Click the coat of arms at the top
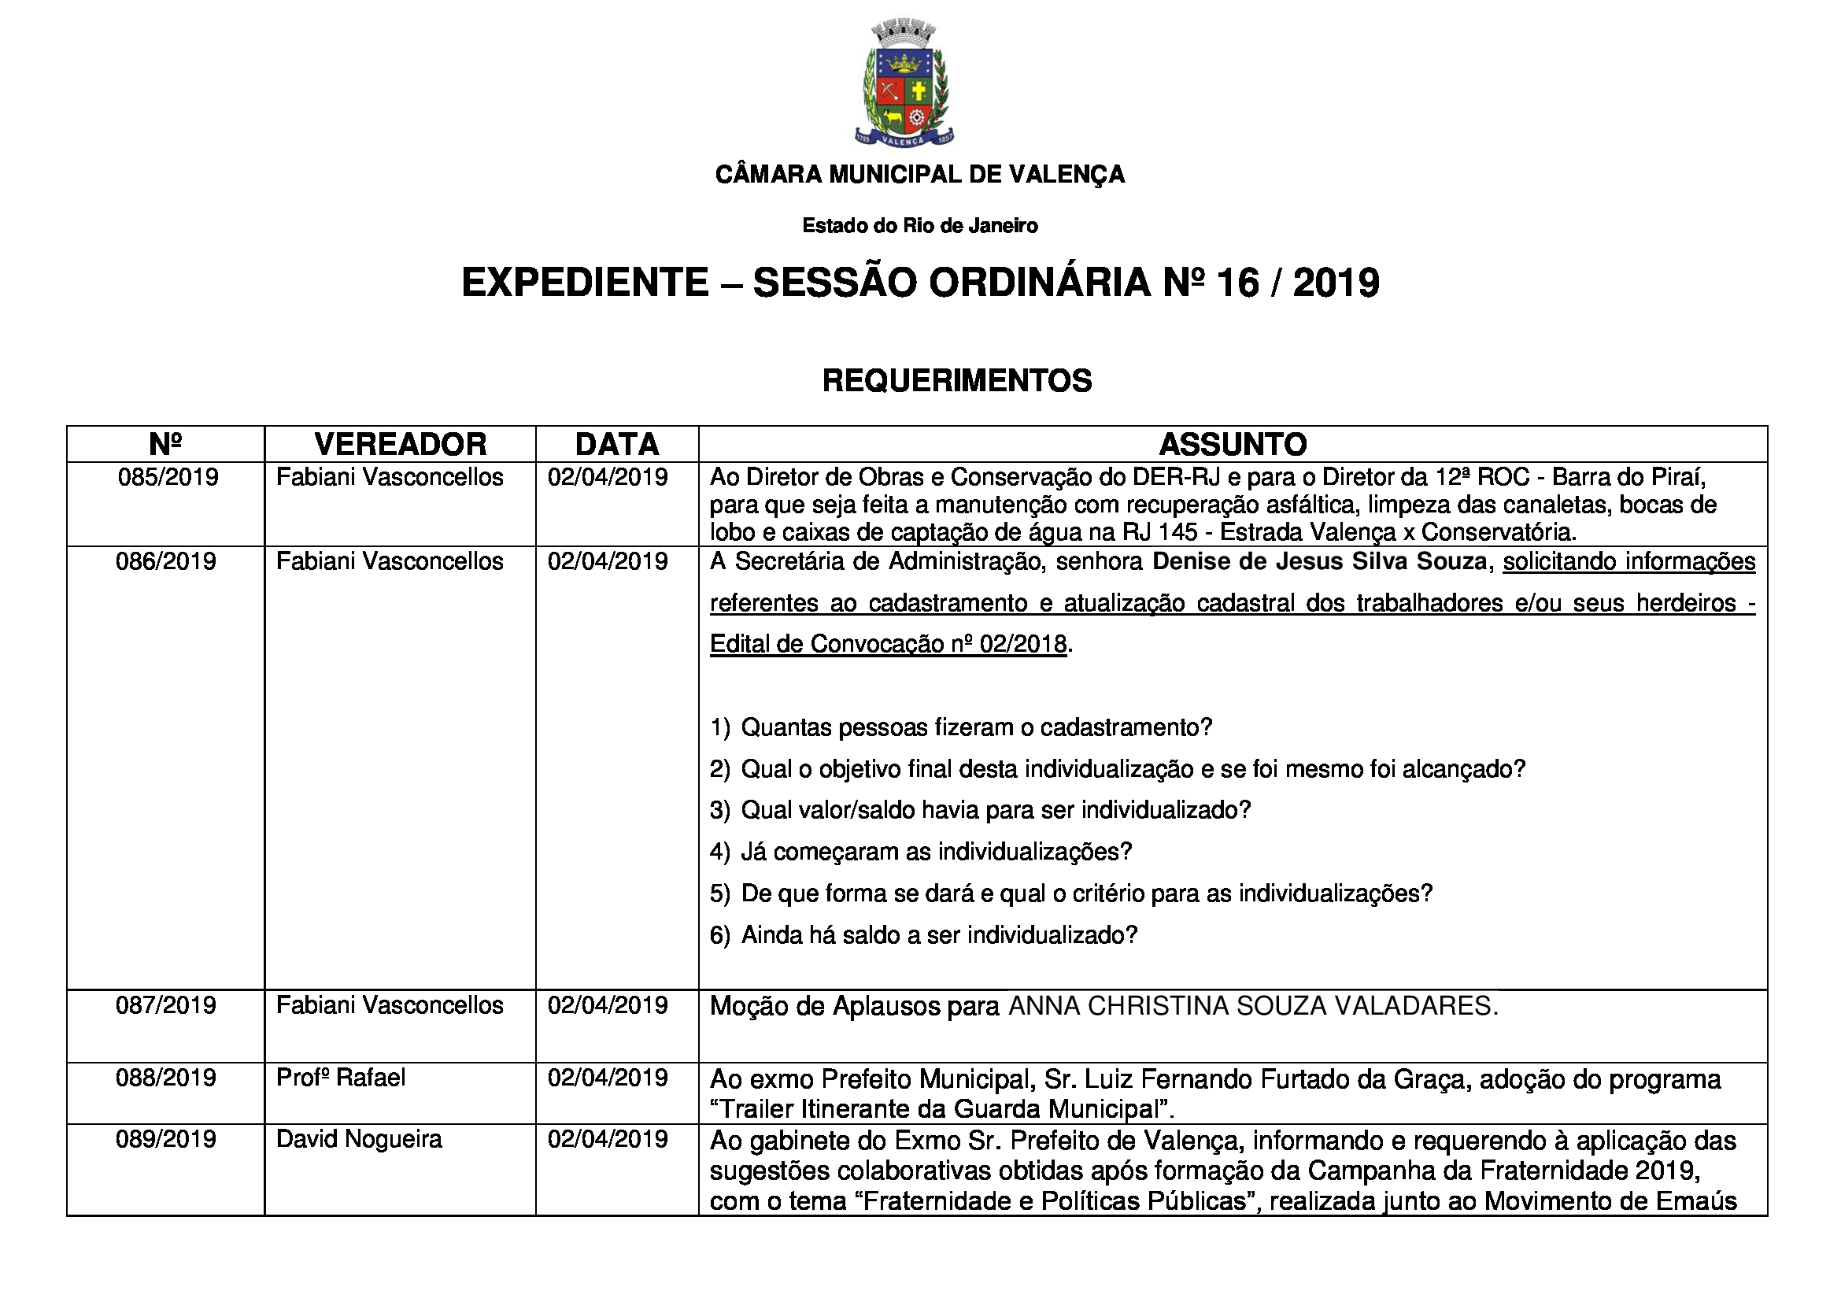(x=904, y=84)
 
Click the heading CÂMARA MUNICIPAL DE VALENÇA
(x=919, y=174)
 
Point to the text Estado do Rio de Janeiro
(x=919, y=226)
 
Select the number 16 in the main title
(x=1238, y=283)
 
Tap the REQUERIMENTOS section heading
(x=956, y=380)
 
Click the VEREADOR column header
(x=400, y=444)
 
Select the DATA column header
(x=616, y=444)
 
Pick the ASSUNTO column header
(x=1233, y=444)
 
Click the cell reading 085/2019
(x=168, y=478)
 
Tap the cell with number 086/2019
(x=166, y=561)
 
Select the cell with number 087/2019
(x=166, y=1005)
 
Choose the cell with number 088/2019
(x=166, y=1078)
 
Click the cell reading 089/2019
(x=166, y=1139)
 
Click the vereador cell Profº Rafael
(x=341, y=1078)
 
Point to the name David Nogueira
(x=359, y=1139)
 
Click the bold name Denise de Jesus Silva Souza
(x=1320, y=561)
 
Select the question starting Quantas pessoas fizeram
(x=976, y=728)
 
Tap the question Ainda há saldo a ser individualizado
(x=939, y=936)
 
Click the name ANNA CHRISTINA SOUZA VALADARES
(x=1252, y=1006)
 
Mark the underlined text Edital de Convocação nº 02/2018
(x=889, y=645)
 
